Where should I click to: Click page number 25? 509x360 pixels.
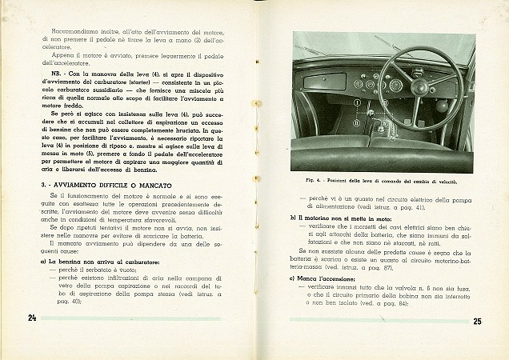tap(477, 322)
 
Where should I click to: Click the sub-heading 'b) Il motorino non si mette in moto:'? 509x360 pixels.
tap(341, 217)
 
